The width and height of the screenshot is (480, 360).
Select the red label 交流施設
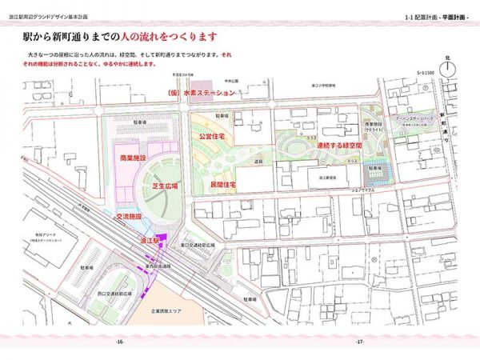tap(129, 216)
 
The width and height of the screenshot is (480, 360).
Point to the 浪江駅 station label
tap(151, 240)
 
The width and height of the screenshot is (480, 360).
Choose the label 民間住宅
tap(222, 184)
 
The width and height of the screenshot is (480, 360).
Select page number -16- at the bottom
tap(119, 342)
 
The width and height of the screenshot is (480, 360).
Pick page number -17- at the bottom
tap(360, 342)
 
